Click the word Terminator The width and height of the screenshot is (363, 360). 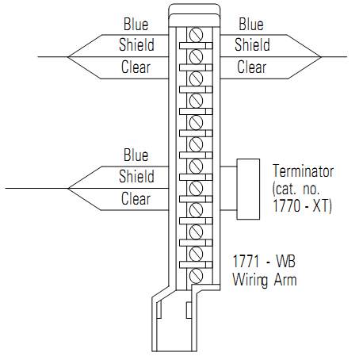click(x=303, y=170)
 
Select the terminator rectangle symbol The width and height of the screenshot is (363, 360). click(x=249, y=189)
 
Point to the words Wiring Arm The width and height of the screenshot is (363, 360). click(x=264, y=278)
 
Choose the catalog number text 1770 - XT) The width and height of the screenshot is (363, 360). click(x=302, y=207)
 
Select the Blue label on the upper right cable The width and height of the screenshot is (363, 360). click(x=251, y=25)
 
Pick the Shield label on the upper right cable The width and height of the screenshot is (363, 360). click(x=251, y=45)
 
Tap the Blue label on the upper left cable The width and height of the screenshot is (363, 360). click(x=136, y=25)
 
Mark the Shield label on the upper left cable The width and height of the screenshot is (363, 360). click(x=136, y=45)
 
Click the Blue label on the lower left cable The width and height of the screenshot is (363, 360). click(x=136, y=155)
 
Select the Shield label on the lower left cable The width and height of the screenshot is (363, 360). click(x=136, y=176)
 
